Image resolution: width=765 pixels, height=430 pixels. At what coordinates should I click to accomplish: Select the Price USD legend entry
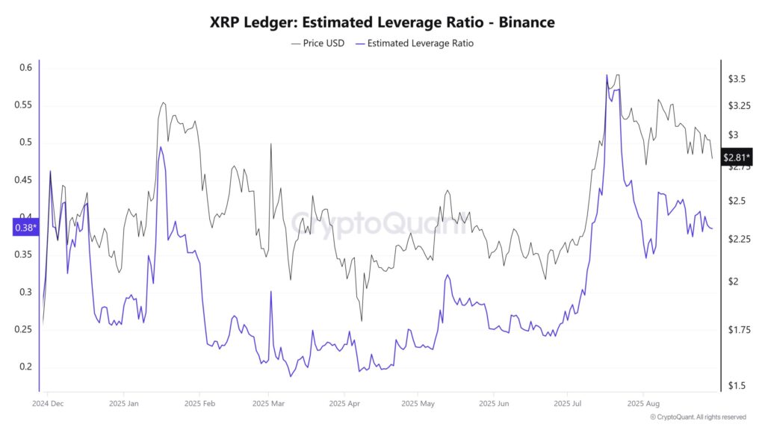(x=318, y=43)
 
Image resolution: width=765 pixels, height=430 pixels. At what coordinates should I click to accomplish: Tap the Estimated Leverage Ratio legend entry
(x=415, y=43)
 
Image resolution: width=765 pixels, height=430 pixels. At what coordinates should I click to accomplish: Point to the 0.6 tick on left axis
(x=25, y=68)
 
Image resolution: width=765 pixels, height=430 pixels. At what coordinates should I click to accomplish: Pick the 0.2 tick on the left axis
(x=25, y=367)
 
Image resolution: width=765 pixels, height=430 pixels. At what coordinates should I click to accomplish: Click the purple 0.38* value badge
(x=25, y=228)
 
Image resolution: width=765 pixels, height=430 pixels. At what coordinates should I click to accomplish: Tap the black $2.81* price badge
(x=737, y=158)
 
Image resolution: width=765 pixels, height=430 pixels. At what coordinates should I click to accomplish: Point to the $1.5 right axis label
(x=736, y=385)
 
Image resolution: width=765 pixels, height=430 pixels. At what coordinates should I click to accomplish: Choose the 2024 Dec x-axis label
(x=49, y=403)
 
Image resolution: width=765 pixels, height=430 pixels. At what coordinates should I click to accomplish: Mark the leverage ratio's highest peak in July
(x=607, y=75)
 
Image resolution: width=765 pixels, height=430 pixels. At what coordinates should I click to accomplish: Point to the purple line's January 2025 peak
(x=160, y=147)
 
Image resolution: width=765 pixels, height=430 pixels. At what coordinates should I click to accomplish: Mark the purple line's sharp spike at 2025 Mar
(x=270, y=292)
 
